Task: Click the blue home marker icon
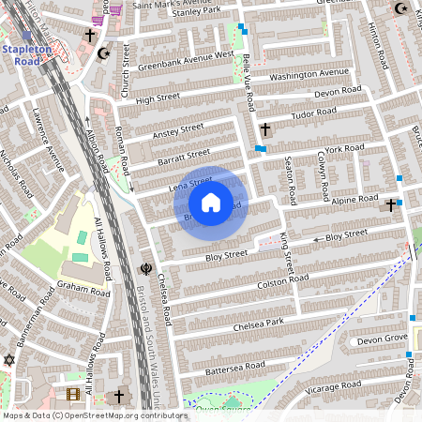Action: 211,203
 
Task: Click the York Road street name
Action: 343,148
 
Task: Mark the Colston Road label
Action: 282,279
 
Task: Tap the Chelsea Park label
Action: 261,324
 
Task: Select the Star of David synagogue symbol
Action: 10,360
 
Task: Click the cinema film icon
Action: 74,394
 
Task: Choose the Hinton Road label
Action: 378,44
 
